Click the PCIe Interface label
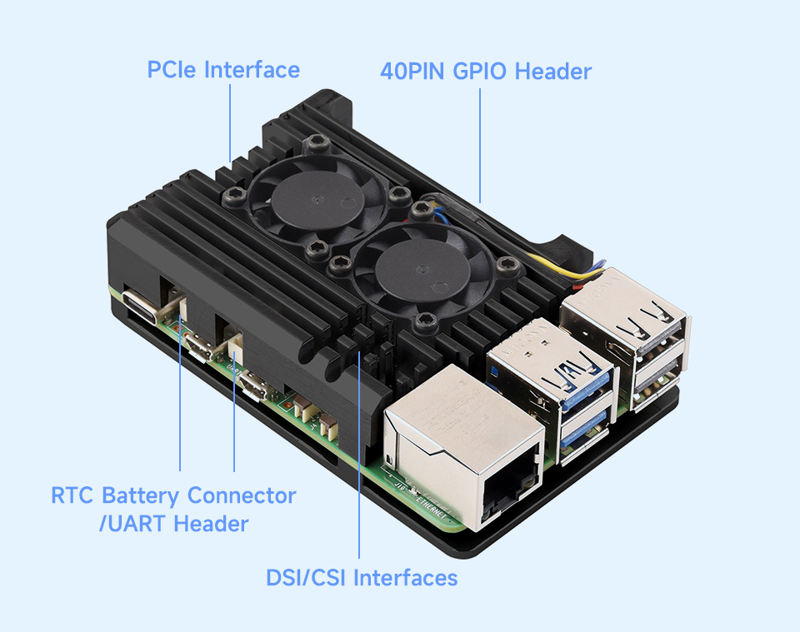[223, 70]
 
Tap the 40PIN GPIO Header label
[486, 72]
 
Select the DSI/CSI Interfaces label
[362, 578]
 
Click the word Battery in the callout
[140, 496]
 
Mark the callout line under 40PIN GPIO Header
[480, 145]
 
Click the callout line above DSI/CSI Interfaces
[359, 454]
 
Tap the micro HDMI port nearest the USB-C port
[199, 346]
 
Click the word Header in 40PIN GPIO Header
[553, 72]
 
